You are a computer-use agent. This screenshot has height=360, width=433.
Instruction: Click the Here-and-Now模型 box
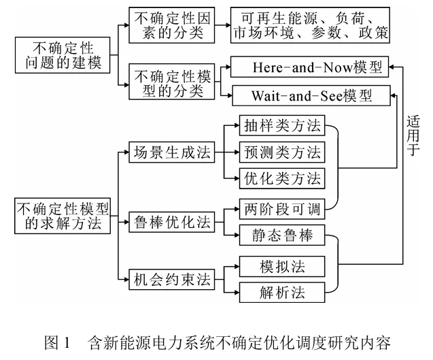tap(312, 69)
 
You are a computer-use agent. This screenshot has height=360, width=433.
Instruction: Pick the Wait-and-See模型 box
tap(312, 95)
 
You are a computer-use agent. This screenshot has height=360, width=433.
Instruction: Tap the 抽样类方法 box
tap(281, 126)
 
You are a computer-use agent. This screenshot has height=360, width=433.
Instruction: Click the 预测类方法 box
tap(281, 152)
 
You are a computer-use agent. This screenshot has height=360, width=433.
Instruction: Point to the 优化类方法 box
tap(281, 178)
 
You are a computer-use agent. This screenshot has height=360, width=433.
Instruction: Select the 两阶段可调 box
tap(281, 207)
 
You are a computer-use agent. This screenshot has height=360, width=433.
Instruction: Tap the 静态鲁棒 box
tap(281, 235)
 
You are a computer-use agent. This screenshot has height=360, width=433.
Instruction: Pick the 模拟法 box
tap(281, 265)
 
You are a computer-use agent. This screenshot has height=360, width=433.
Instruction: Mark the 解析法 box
tap(281, 292)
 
